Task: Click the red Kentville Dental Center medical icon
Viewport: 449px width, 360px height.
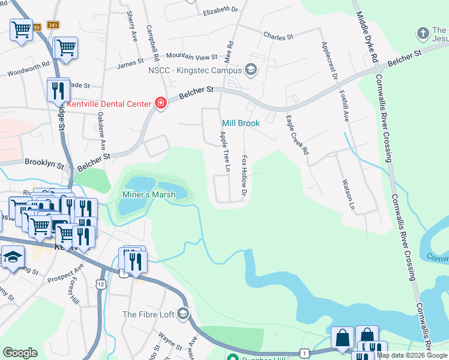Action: pyautogui.click(x=160, y=104)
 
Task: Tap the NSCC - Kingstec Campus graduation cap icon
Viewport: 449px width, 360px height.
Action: pyautogui.click(x=250, y=71)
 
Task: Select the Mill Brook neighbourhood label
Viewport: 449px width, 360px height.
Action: pyautogui.click(x=241, y=123)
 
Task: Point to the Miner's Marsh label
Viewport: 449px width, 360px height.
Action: pyautogui.click(x=149, y=194)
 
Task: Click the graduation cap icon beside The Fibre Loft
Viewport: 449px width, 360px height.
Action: pyautogui.click(x=183, y=314)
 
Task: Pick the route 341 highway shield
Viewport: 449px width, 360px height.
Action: pyautogui.click(x=53, y=25)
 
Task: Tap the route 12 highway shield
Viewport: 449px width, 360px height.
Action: pyautogui.click(x=100, y=283)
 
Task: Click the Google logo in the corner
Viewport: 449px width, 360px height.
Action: pyautogui.click(x=20, y=353)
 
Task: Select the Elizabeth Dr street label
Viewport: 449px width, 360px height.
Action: pyautogui.click(x=220, y=10)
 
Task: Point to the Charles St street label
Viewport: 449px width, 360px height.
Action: pyautogui.click(x=278, y=37)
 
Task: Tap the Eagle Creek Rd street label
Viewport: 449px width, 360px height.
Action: pyautogui.click(x=297, y=135)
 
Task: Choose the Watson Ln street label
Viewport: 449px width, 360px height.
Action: pyautogui.click(x=346, y=195)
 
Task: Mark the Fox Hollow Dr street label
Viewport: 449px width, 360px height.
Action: pyautogui.click(x=244, y=176)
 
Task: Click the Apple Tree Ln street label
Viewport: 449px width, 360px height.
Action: pyautogui.click(x=223, y=152)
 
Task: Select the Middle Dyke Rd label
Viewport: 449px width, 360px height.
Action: pyautogui.click(x=367, y=37)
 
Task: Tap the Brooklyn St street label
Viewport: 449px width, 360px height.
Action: pyautogui.click(x=44, y=163)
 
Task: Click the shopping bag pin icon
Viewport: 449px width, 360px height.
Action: pyautogui.click(x=342, y=338)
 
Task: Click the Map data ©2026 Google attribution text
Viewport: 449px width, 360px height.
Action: pyautogui.click(x=412, y=355)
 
